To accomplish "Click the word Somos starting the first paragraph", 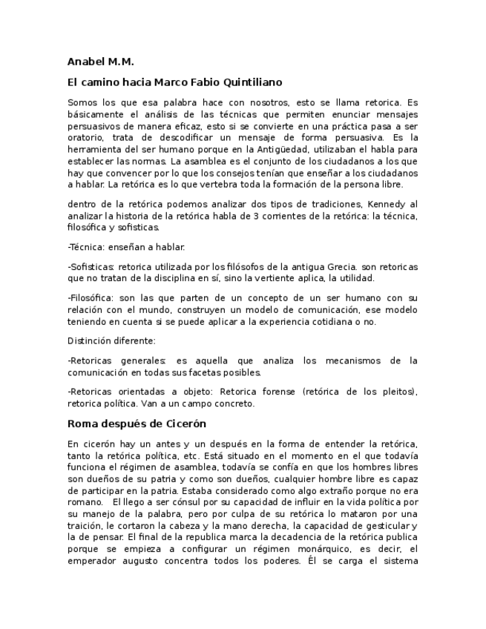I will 82,102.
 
